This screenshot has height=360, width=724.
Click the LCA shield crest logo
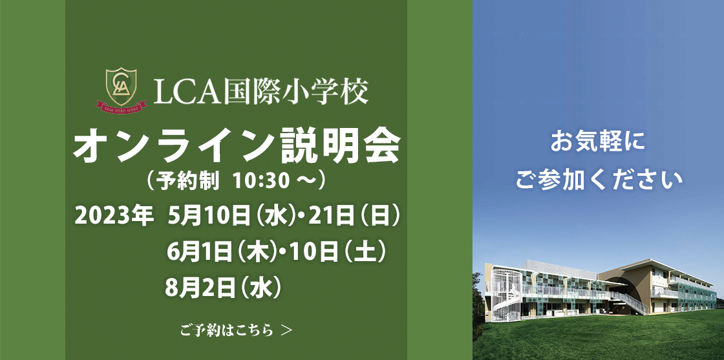pyautogui.click(x=122, y=87)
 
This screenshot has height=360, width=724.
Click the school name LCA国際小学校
pyautogui.click(x=261, y=91)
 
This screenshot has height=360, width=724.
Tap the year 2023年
pyautogui.click(x=114, y=216)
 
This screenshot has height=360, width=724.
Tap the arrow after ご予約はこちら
pyautogui.click(x=286, y=330)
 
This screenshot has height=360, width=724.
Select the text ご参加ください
pyautogui.click(x=599, y=179)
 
